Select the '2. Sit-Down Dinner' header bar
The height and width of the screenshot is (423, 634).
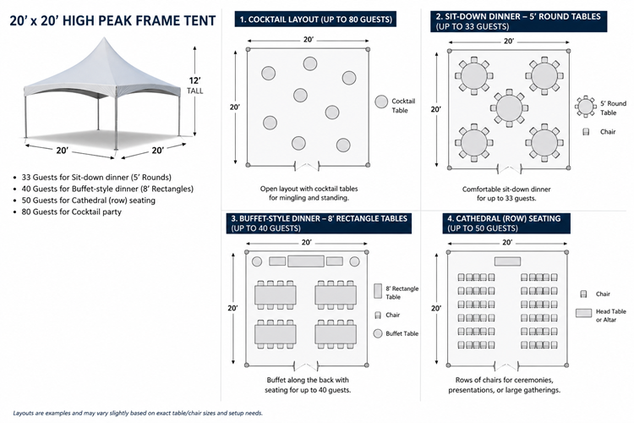coord(517,20)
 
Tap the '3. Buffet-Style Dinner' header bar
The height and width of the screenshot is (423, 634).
coord(318,222)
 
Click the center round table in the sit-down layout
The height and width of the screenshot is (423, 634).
coord(509,107)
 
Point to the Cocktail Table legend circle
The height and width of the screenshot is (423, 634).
coord(381,102)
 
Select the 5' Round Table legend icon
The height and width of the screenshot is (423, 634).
coord(587,106)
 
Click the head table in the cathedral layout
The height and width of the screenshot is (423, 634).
coord(507,261)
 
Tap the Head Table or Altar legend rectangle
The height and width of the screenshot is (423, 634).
coord(583,313)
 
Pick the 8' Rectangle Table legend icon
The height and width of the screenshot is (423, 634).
coord(378,291)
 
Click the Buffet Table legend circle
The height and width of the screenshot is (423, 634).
coord(378,333)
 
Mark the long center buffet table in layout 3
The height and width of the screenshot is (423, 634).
coord(305,261)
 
